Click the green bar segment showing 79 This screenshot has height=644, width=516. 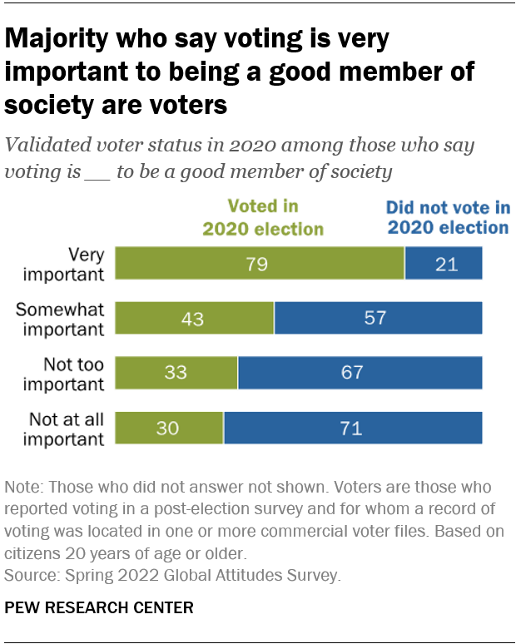click(x=260, y=263)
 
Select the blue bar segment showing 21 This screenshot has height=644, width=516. click(x=444, y=263)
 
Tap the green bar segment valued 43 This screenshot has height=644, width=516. click(x=194, y=318)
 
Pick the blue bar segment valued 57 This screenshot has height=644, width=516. click(x=379, y=318)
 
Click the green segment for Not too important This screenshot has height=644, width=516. click(x=176, y=372)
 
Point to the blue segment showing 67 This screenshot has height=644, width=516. click(x=360, y=372)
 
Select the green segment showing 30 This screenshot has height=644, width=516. click(x=169, y=428)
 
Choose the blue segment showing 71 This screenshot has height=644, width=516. click(x=353, y=428)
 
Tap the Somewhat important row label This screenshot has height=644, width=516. click(x=61, y=318)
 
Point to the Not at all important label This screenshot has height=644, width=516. click(x=67, y=428)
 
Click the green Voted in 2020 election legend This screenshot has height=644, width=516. click(x=263, y=216)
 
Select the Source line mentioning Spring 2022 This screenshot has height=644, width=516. click(x=173, y=574)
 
